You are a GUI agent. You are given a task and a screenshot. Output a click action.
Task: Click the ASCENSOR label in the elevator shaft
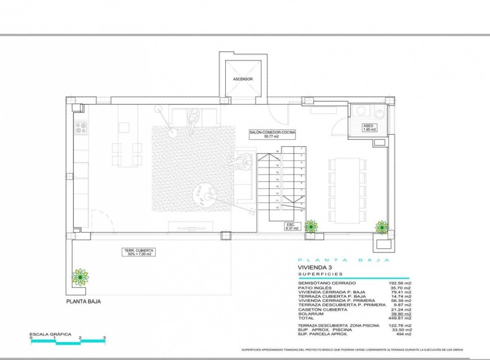pos(242,79)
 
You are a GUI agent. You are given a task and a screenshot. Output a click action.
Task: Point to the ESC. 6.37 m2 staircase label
pos(292,226)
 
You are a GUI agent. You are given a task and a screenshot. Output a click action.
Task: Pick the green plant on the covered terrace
pos(80,278)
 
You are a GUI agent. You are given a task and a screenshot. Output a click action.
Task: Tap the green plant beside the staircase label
pos(311,226)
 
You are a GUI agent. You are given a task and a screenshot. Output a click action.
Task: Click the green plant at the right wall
pos(382,227)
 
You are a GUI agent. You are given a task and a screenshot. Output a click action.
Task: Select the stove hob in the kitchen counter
pos(80,128)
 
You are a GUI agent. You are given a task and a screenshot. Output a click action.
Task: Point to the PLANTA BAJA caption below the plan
pos(86,301)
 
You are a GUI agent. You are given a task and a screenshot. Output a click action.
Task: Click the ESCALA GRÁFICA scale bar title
pos(50,334)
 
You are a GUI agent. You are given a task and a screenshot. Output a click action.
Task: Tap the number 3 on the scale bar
pos(104,338)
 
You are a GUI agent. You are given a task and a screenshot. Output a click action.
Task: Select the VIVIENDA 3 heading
pos(315,268)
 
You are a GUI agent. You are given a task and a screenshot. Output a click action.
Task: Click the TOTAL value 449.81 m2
pos(400,318)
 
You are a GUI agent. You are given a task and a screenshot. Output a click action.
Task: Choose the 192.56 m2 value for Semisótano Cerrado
pos(400,283)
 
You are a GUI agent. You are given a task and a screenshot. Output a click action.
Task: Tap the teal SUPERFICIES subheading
pos(320,275)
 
